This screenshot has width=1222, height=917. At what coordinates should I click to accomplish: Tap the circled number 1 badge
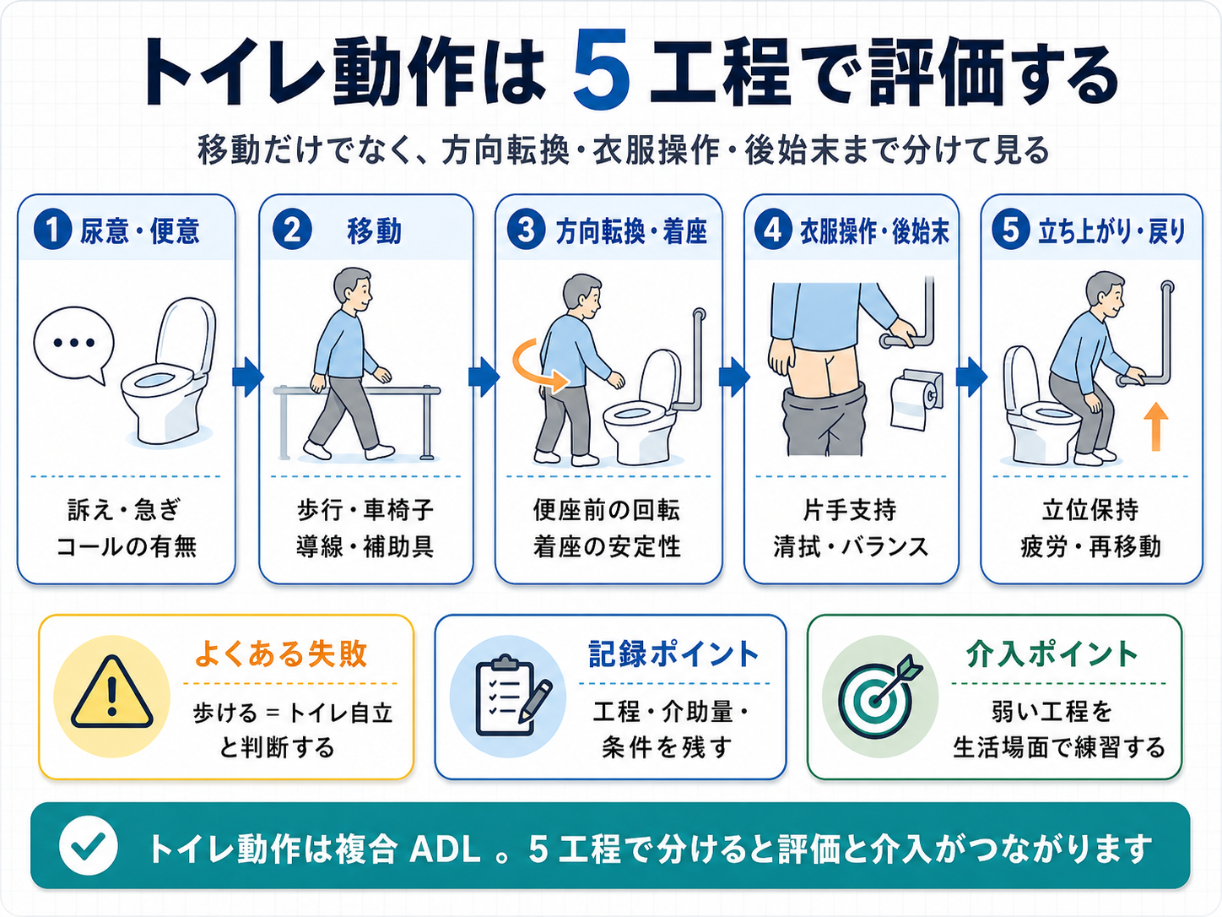[x=52, y=231]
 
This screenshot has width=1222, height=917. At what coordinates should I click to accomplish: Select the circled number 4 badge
[x=773, y=231]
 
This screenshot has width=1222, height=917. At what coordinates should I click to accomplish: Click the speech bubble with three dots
[x=73, y=345]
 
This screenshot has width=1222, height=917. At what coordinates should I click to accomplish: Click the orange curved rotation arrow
[x=538, y=365]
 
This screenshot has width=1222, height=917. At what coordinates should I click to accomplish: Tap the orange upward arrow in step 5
[x=1156, y=426]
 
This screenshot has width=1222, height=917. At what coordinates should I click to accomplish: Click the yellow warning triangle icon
[x=112, y=695]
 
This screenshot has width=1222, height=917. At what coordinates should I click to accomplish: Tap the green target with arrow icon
[x=880, y=695]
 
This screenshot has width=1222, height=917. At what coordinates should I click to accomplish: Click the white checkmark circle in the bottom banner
[x=89, y=846]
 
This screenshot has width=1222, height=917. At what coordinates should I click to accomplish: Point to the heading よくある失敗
[x=281, y=654]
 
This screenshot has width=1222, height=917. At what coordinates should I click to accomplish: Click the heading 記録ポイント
[x=673, y=654]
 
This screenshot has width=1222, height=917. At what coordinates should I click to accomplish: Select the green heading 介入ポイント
[x=1052, y=654]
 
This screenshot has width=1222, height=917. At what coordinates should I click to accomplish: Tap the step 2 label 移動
[x=374, y=231]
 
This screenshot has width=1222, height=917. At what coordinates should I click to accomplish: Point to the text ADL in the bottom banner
[x=446, y=849]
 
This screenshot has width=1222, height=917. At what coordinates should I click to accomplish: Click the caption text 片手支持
[x=849, y=510]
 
